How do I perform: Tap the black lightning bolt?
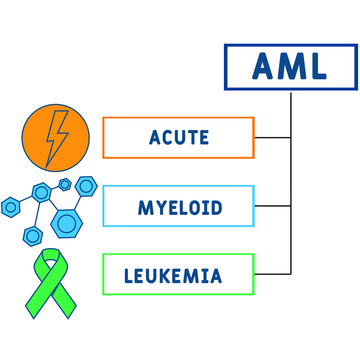[52, 136]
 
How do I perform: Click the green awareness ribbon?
[52, 277]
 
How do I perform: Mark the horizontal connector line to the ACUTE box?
[271, 137]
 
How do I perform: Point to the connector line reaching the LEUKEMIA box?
[271, 274]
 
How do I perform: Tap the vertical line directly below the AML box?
[291, 110]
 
